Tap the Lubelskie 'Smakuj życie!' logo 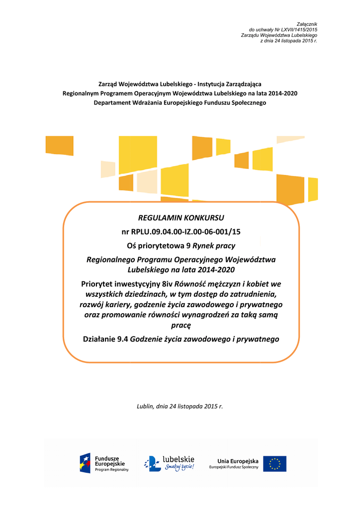coord(169,463)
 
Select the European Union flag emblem coord(274,463)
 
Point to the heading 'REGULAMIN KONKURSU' coord(180,218)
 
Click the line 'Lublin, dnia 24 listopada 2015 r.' coord(180,406)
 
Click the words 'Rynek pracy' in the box coord(214,246)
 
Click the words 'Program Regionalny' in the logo coord(111,470)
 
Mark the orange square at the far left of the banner coord(59,145)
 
